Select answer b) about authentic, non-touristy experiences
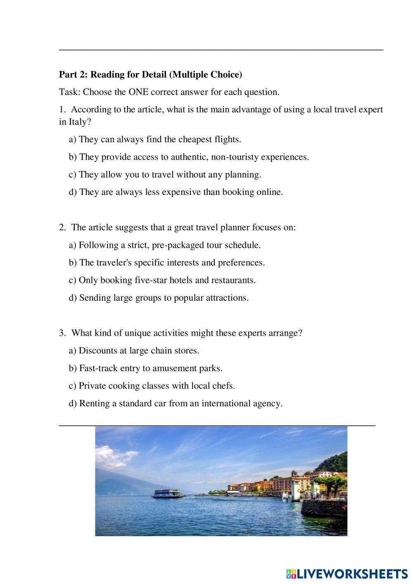coord(189,157)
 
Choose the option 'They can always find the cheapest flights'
coord(155,139)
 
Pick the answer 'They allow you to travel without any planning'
coord(165,174)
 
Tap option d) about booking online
coord(176,192)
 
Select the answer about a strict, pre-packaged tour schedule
coord(165,245)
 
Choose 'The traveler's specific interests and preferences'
coord(167,263)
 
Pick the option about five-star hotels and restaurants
coord(162,280)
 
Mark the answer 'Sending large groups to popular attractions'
coord(159,298)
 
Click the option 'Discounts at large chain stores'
coord(134,351)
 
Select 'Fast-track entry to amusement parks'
coord(145,368)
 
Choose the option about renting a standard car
coord(176,404)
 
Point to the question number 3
coord(62,333)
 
